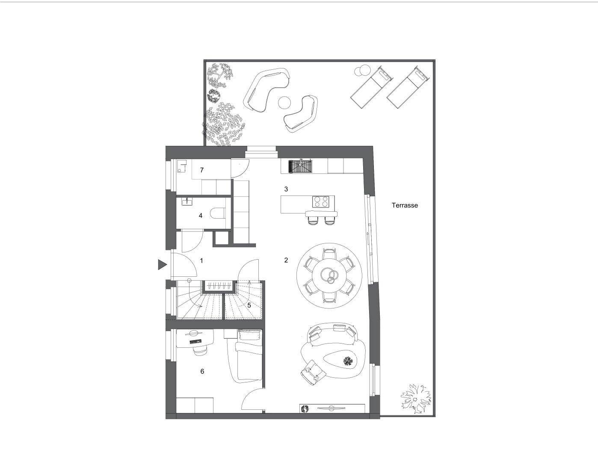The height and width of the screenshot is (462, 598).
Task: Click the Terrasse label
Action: [405, 205]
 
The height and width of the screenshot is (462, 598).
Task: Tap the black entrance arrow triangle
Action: [162, 265]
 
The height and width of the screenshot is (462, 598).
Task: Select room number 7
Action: [202, 170]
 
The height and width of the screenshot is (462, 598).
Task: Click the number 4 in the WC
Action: [201, 216]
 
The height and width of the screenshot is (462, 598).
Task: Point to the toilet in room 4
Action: [218, 213]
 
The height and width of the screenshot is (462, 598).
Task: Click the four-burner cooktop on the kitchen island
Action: [321, 201]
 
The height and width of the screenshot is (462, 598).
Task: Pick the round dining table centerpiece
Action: [329, 275]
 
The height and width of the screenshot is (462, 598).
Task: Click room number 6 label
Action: [202, 371]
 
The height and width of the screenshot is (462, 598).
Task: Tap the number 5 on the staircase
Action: [249, 305]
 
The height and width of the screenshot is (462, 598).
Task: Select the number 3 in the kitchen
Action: [286, 189]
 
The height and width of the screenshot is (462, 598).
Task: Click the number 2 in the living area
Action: [286, 260]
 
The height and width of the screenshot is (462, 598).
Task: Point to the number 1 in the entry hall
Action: [201, 261]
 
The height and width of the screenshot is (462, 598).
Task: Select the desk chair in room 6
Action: [200, 350]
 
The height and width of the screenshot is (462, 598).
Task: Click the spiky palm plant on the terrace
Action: [415, 398]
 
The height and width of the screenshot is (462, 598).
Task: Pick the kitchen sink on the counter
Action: [301, 167]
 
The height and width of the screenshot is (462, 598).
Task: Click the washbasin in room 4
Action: [187, 201]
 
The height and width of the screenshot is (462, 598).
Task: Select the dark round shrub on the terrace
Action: [213, 95]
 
